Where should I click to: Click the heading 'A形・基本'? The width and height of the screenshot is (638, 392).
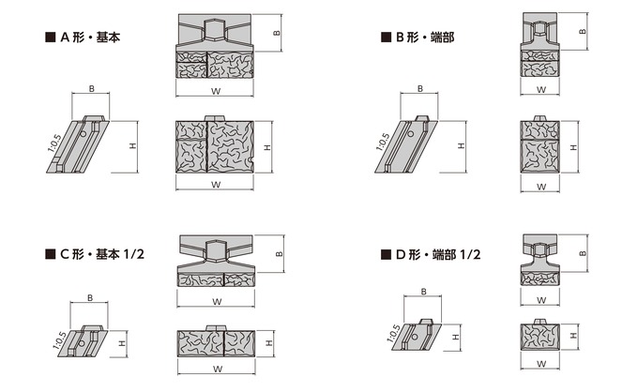(x=90, y=38)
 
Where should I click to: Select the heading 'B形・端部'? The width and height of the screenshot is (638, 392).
(x=425, y=38)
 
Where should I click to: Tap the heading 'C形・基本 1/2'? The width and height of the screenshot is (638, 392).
(x=102, y=254)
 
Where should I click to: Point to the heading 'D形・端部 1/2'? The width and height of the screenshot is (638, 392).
(x=438, y=254)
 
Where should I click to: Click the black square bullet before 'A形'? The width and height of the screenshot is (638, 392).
(x=50, y=38)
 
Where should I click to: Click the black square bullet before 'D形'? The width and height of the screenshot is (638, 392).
(x=386, y=254)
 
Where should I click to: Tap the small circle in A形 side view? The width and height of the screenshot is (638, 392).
(x=83, y=134)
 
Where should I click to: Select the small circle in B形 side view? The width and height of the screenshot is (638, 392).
(x=411, y=134)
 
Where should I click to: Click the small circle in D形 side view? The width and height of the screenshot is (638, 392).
(x=415, y=337)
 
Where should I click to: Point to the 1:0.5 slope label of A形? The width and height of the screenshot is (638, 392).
(x=54, y=143)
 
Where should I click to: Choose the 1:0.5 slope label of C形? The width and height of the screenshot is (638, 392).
(x=59, y=340)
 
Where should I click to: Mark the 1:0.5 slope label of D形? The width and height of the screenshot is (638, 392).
(x=393, y=334)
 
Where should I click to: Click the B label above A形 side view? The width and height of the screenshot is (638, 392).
(x=92, y=89)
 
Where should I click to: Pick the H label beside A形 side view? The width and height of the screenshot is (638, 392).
(x=133, y=145)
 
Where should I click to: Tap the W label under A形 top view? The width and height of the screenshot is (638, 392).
(x=216, y=91)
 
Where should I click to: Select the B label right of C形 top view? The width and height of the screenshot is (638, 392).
(x=280, y=254)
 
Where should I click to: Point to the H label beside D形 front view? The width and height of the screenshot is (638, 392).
(x=573, y=336)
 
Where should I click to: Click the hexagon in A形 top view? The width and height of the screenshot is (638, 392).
(x=215, y=29)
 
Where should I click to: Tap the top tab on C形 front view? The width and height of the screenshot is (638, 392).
(x=216, y=328)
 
